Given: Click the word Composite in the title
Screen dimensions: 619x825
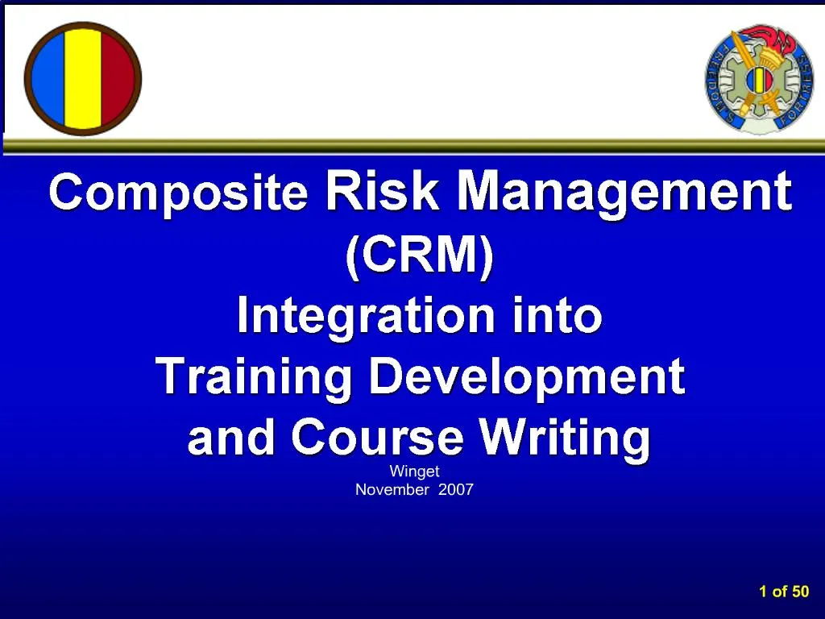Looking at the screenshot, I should point(178,193).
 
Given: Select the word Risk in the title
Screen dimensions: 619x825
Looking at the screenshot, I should point(382,191).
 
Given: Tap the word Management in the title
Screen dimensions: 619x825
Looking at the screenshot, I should point(624,193).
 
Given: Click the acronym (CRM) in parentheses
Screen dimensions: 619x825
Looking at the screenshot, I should point(419,255).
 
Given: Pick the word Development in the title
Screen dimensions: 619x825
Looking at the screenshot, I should point(527,377).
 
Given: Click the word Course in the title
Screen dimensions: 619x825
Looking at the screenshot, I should point(377,438).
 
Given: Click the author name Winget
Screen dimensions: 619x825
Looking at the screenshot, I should point(414,472).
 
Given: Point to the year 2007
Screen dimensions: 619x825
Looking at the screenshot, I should point(456,489).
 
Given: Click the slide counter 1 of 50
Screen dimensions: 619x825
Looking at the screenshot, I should point(783,592).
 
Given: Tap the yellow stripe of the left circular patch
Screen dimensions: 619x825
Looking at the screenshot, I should point(83,78).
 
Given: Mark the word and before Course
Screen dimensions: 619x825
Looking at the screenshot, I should point(233,438).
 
